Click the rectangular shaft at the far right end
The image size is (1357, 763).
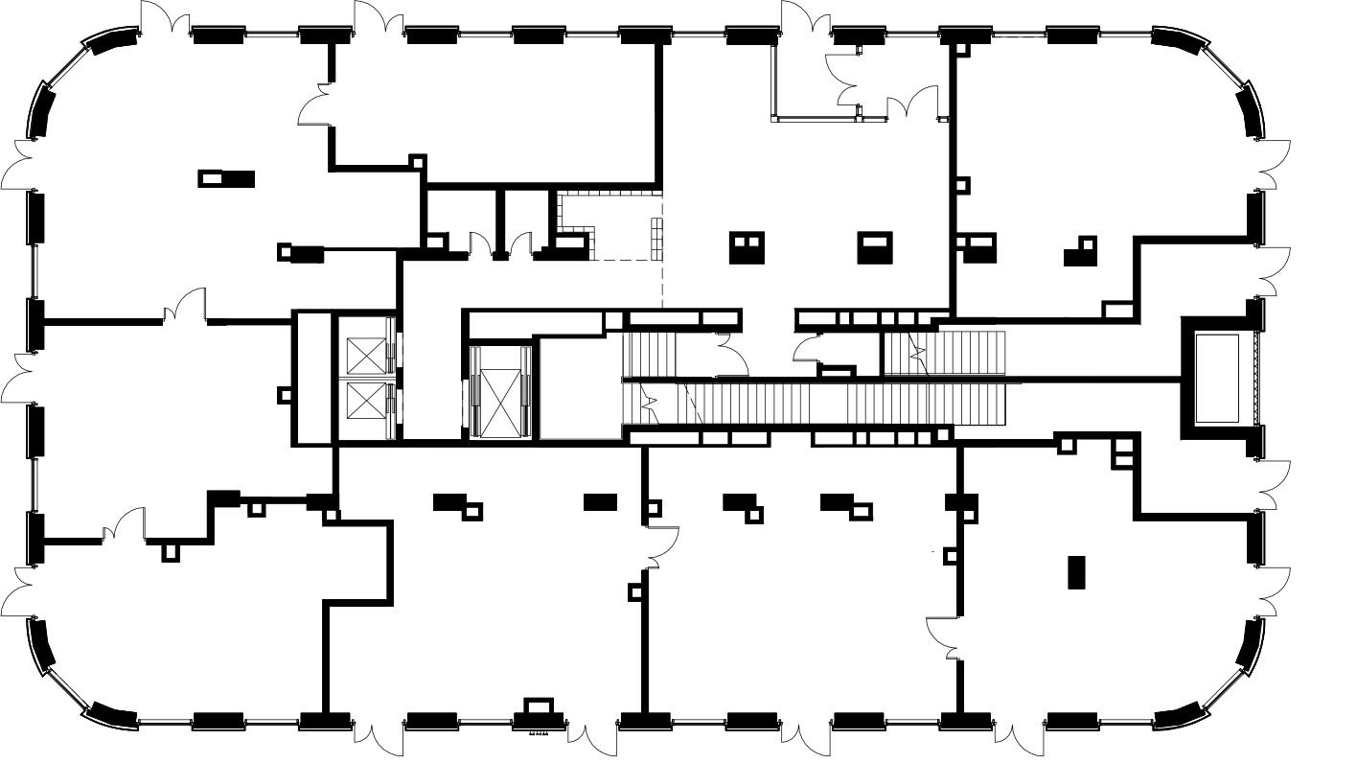click(1218, 378)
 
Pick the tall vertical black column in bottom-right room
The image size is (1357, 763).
click(1076, 572)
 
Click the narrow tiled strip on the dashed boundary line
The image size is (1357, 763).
click(657, 237)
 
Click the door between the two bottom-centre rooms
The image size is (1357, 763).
click(662, 546)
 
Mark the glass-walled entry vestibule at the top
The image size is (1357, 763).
click(815, 81)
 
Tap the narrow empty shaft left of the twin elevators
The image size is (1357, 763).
click(311, 378)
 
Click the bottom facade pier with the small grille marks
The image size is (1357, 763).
click(538, 714)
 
